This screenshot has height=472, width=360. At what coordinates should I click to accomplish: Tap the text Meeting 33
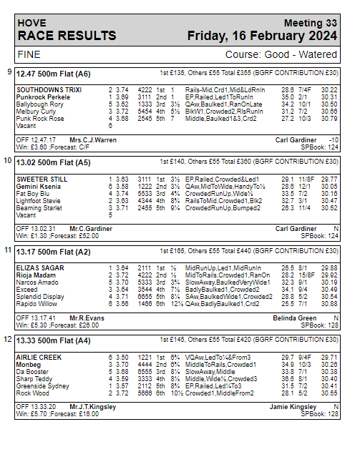click(309, 23)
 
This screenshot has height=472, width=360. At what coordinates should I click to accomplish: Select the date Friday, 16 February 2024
click(262, 35)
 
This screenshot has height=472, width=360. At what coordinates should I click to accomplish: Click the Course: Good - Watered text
click(281, 54)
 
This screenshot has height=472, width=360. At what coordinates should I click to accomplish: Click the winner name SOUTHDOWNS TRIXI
click(49, 89)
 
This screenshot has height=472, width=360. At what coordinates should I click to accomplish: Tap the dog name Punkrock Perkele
click(43, 96)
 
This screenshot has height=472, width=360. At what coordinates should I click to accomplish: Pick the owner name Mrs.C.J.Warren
click(92, 139)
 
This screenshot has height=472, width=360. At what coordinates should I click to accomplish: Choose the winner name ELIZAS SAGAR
click(40, 267)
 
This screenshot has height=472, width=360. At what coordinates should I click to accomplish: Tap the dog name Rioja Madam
click(37, 274)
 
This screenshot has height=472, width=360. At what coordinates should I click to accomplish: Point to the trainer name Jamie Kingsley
click(294, 406)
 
